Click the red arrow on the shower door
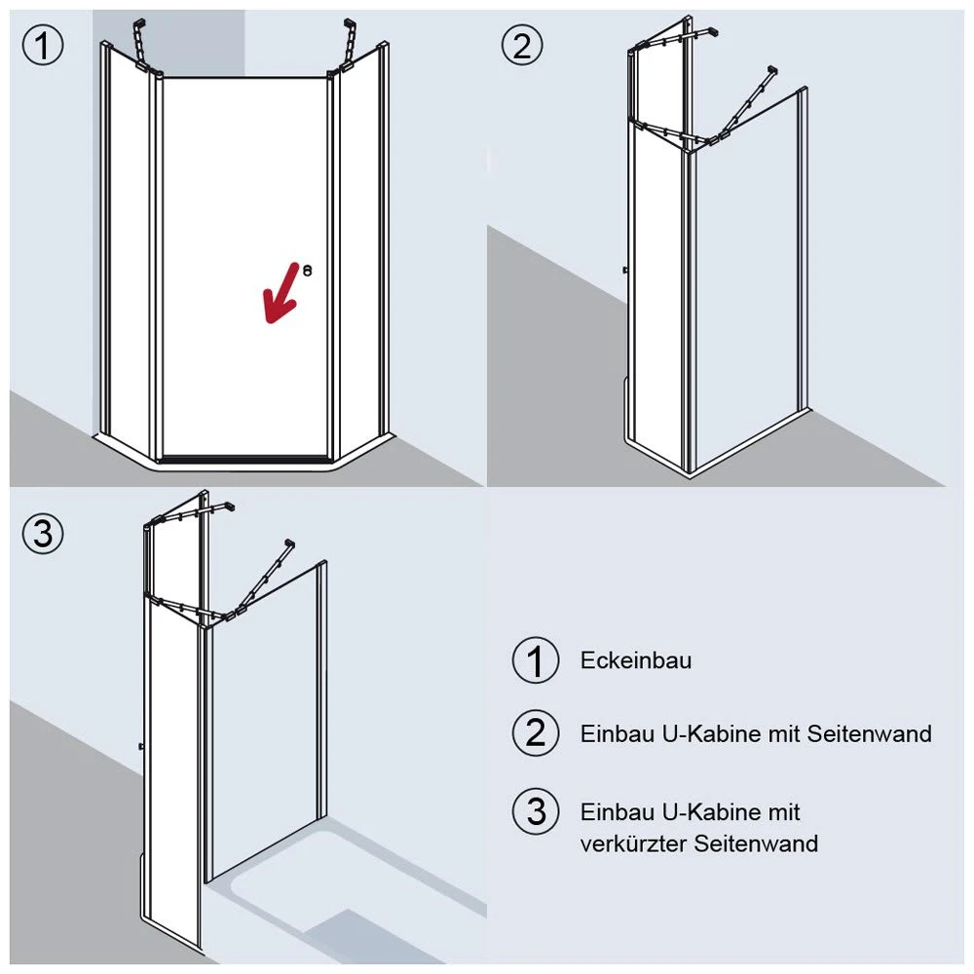tap(281, 293)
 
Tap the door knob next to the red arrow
tap(307, 270)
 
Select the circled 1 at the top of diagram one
tap(43, 46)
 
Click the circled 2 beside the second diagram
tap(522, 46)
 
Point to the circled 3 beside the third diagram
tap(43, 534)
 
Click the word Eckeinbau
tap(635, 660)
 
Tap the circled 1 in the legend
tap(536, 660)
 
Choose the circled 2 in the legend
tap(536, 733)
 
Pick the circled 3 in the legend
tap(536, 812)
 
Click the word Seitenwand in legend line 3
tap(756, 843)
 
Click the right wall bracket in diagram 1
tap(348, 45)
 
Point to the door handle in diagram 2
tap(625, 270)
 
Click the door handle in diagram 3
tap(141, 746)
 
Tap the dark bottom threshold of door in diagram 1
tap(246, 460)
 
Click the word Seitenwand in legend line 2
tap(869, 733)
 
